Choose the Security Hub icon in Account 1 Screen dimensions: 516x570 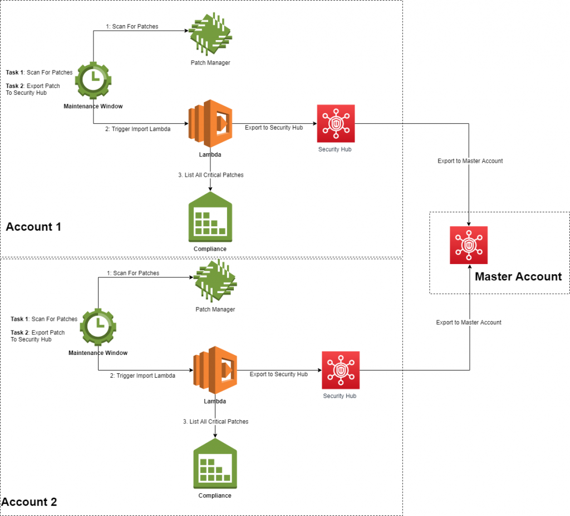pyautogui.click(x=335, y=124)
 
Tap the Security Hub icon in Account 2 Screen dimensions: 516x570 pyautogui.click(x=340, y=370)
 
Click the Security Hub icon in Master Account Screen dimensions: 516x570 pyautogui.click(x=469, y=245)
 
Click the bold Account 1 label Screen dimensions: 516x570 pyautogui.click(x=33, y=227)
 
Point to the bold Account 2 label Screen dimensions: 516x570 pyautogui.click(x=30, y=502)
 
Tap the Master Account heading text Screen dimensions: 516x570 pyautogui.click(x=518, y=276)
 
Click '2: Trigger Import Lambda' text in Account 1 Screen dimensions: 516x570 pyautogui.click(x=137, y=129)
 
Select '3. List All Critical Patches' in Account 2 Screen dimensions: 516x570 pyautogui.click(x=215, y=422)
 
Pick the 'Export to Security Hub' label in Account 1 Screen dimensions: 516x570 pyautogui.click(x=274, y=128)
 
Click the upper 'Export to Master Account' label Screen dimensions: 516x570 pyautogui.click(x=470, y=161)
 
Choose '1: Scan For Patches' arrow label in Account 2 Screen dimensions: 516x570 pyautogui.click(x=133, y=273)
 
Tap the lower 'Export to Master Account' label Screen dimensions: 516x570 pyautogui.click(x=469, y=323)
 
